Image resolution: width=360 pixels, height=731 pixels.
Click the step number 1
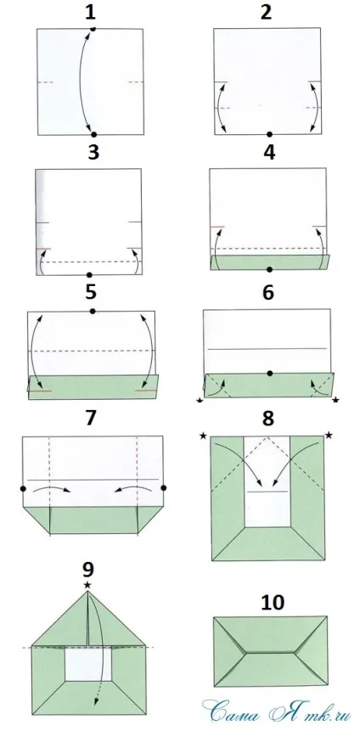tap(90, 13)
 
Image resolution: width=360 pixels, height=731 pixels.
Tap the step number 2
tap(266, 13)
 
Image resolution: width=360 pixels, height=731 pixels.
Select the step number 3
tap(93, 153)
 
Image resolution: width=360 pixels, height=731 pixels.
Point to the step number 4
tap(269, 153)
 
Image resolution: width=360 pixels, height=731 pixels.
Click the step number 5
tap(91, 293)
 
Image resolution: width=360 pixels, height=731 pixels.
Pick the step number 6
tap(268, 293)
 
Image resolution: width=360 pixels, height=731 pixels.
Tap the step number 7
tap(91, 419)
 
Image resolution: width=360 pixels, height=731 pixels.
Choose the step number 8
tap(267, 419)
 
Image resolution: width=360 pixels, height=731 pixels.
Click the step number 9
tap(87, 569)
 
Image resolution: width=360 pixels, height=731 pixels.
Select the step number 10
tap(273, 603)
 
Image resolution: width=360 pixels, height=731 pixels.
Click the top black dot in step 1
tap(93, 29)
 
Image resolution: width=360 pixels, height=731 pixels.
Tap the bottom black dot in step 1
tap(93, 134)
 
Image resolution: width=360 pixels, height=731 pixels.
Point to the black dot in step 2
tap(269, 134)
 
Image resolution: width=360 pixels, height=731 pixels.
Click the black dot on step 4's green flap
tap(269, 269)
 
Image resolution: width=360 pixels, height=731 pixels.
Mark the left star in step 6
tap(200, 401)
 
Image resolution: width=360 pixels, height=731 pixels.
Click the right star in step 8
tap(329, 436)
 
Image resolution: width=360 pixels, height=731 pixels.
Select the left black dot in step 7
tap(23, 488)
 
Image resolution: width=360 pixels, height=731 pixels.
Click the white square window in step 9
tap(88, 664)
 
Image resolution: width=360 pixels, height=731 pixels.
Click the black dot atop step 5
tap(93, 311)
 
